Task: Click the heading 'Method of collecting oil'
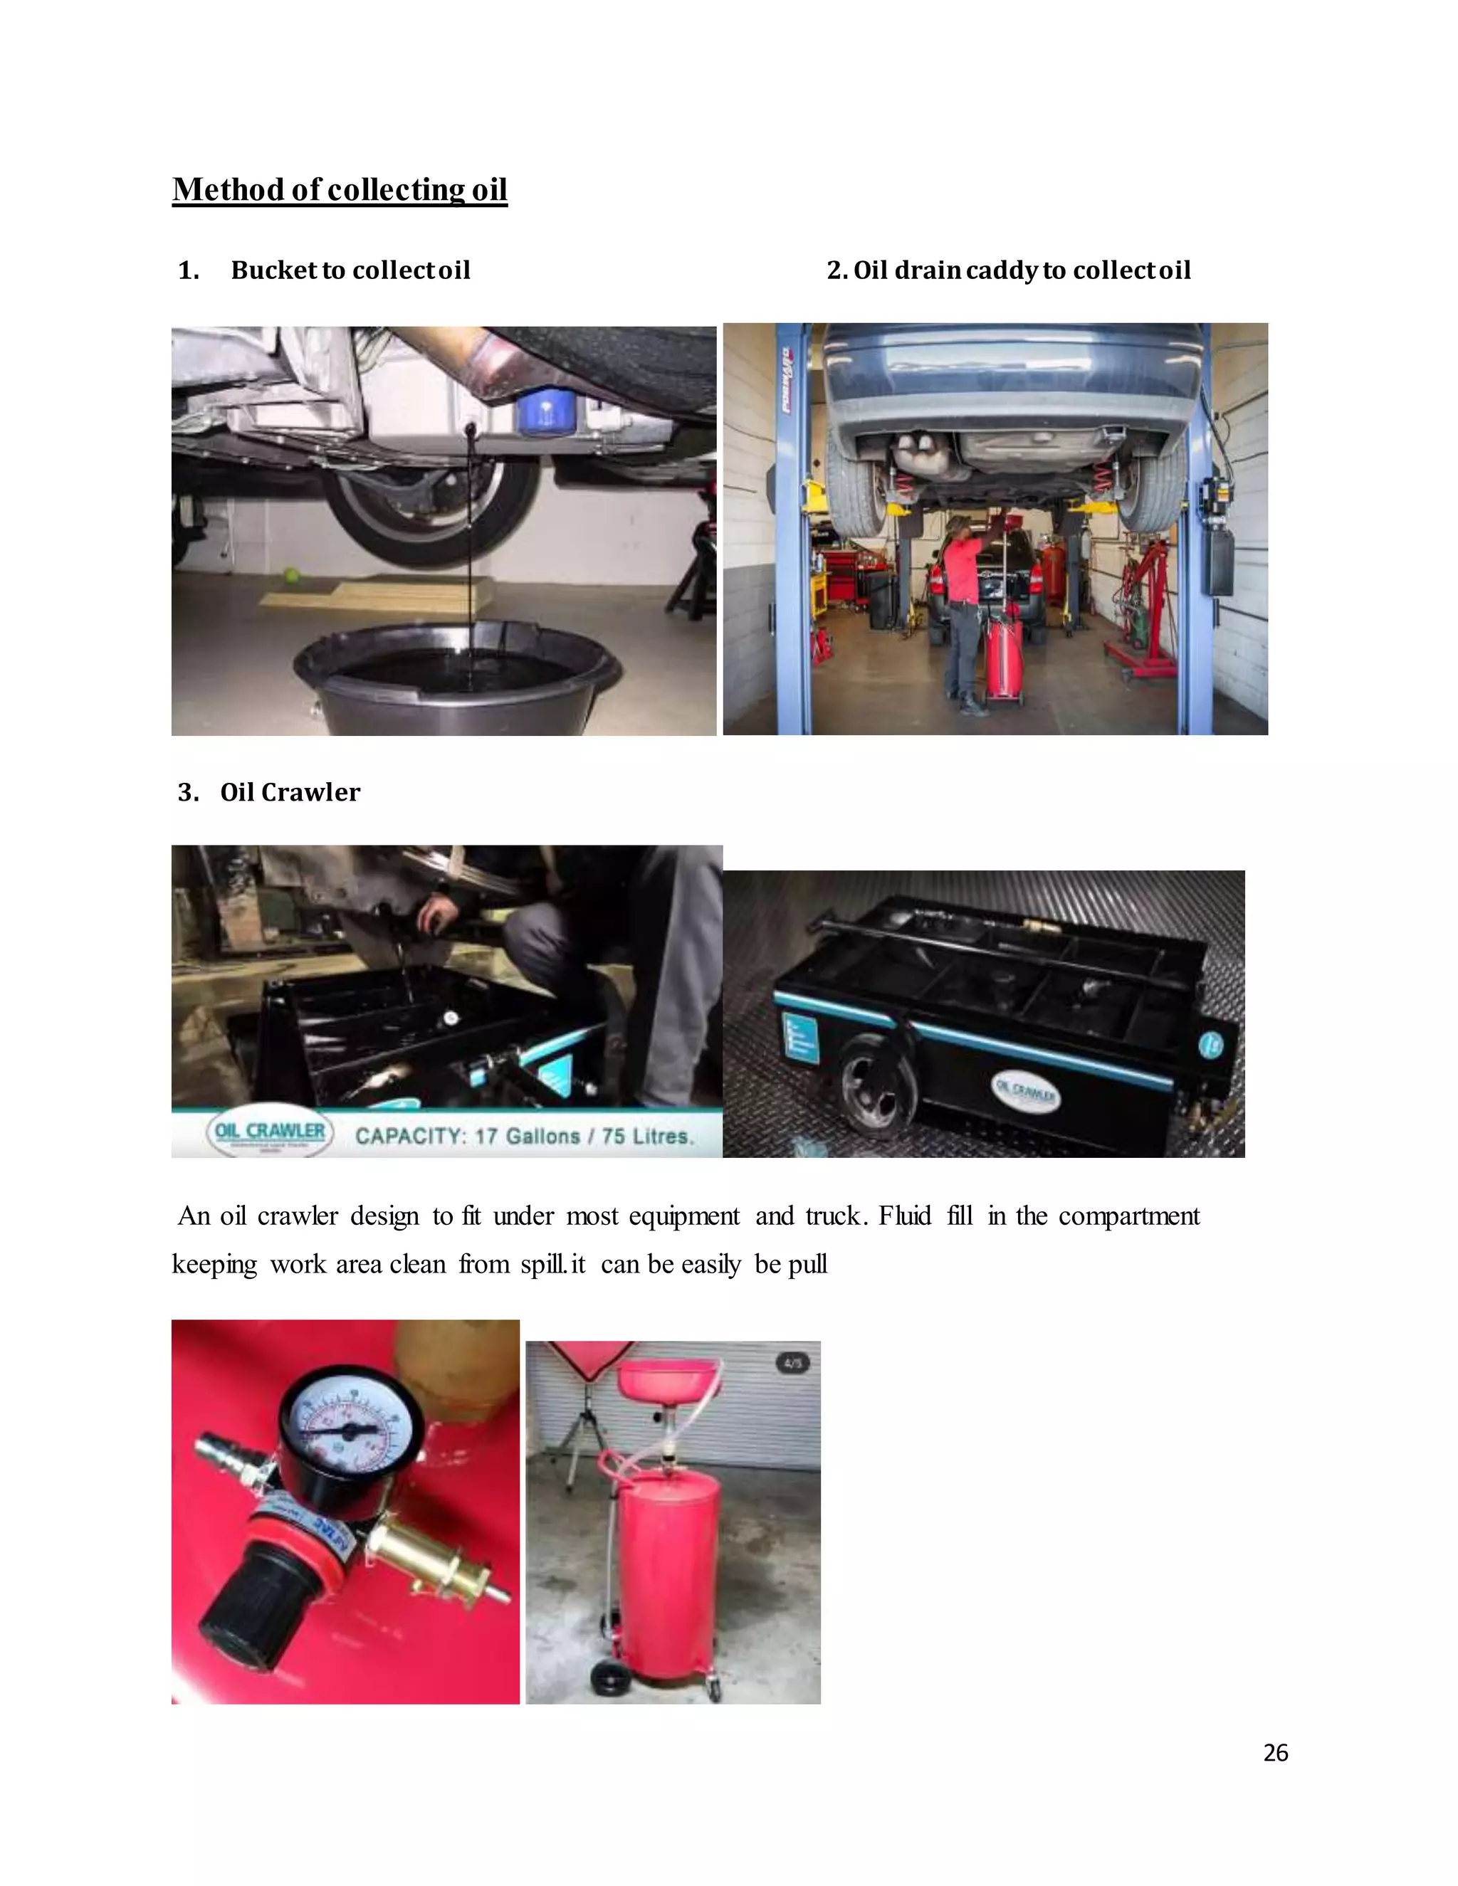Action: pos(340,189)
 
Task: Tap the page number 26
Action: pos(1275,1752)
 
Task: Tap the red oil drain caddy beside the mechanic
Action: pos(1004,657)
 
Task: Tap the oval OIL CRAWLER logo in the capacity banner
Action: pos(270,1132)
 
